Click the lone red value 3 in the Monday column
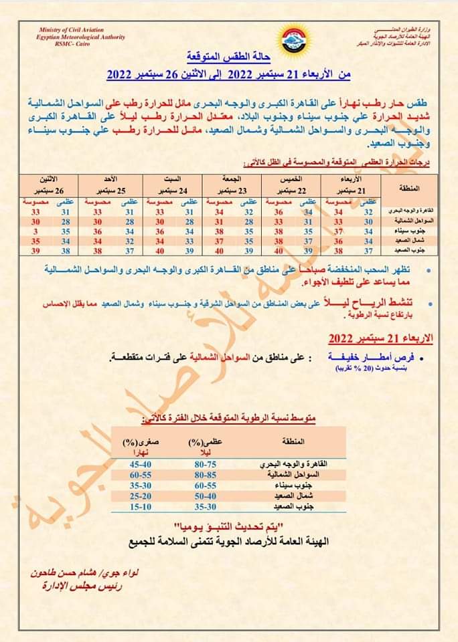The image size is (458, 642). coord(33,230)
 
